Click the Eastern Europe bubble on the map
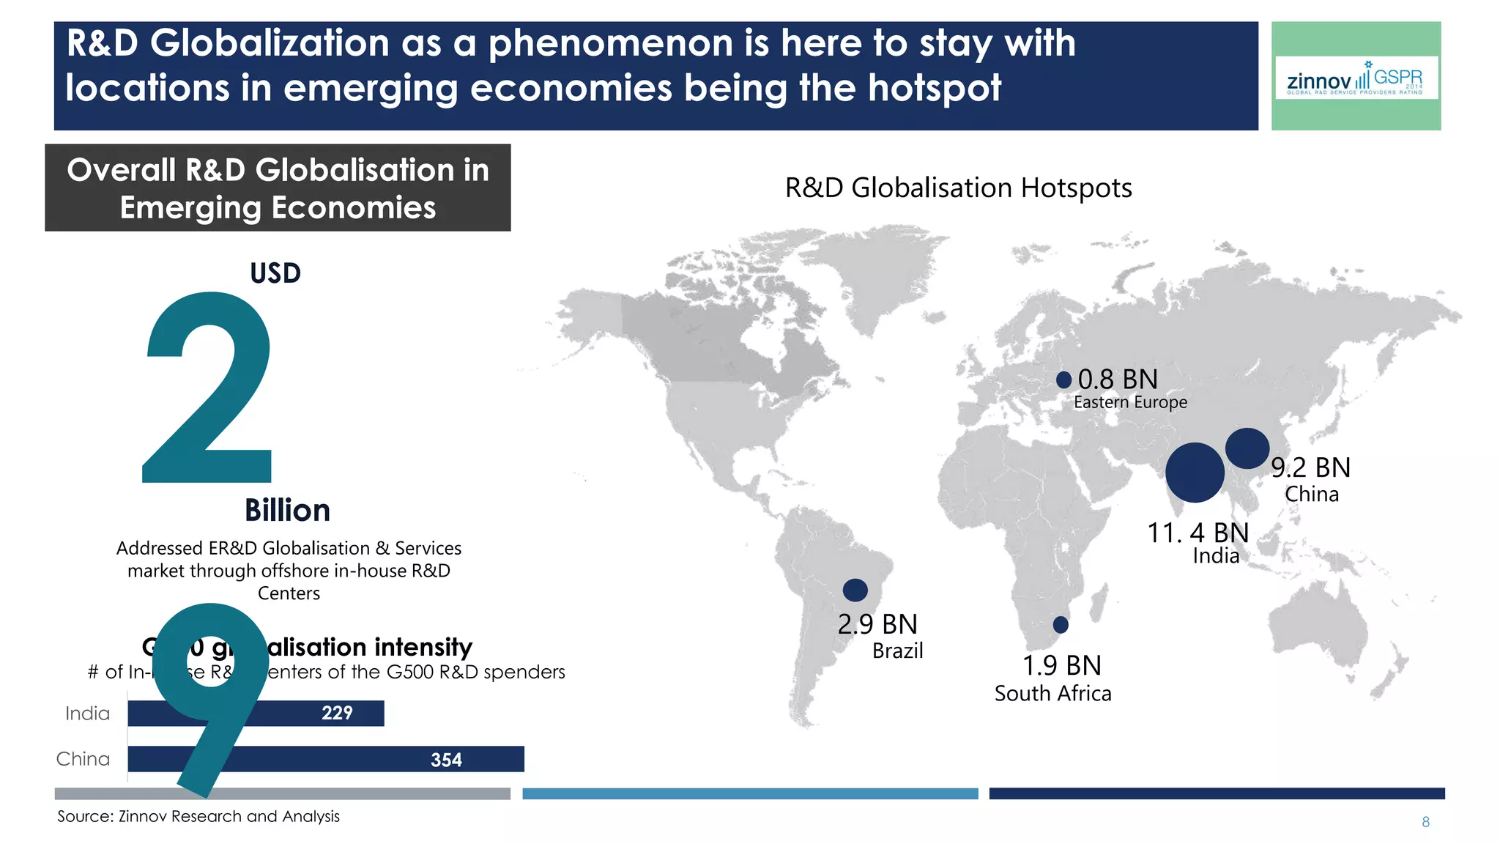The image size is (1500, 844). pyautogui.click(x=1063, y=380)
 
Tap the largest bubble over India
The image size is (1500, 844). pyautogui.click(x=1195, y=473)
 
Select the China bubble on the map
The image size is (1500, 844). pyautogui.click(x=1247, y=448)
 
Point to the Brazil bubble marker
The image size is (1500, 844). pyautogui.click(x=855, y=590)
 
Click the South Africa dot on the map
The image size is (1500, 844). pyautogui.click(x=1061, y=625)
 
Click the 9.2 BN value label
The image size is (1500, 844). pyautogui.click(x=1310, y=467)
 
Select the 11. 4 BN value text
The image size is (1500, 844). pyautogui.click(x=1198, y=533)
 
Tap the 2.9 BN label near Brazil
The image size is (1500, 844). pyautogui.click(x=877, y=624)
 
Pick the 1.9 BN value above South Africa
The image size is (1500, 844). pyautogui.click(x=1061, y=665)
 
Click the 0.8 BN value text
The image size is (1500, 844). pyautogui.click(x=1118, y=380)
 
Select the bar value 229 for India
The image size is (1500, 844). pyautogui.click(x=337, y=713)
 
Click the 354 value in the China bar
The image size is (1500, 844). pyautogui.click(x=446, y=760)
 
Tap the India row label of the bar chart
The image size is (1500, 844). pyautogui.click(x=87, y=714)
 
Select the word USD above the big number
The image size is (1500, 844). pyautogui.click(x=275, y=273)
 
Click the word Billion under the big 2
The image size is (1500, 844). pyautogui.click(x=287, y=511)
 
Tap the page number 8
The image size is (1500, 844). pyautogui.click(x=1425, y=822)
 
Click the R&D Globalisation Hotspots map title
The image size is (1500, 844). pyautogui.click(x=958, y=188)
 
